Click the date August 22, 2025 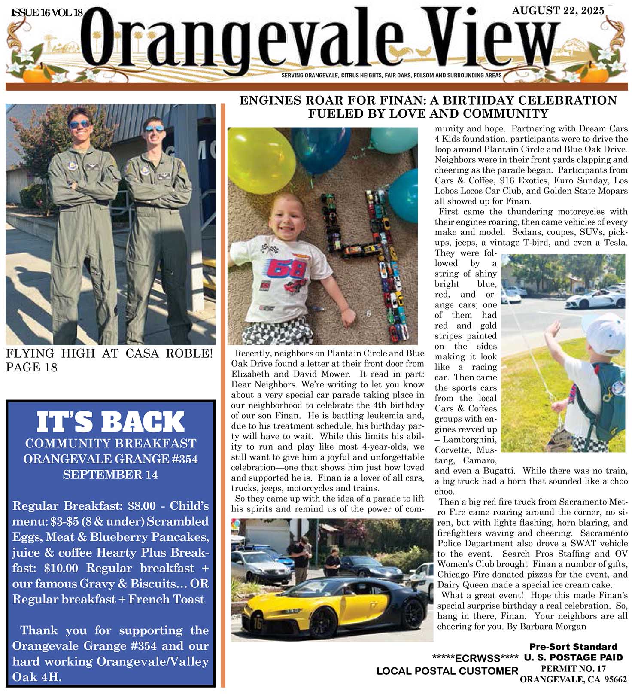(558, 11)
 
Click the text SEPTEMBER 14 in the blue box (110, 475)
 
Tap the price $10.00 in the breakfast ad (61, 568)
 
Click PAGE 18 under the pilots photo (31, 368)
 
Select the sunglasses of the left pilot (80, 124)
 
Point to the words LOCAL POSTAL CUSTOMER (447, 671)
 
